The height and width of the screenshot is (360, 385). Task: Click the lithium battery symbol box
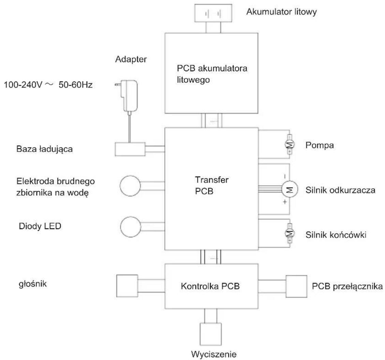tap(213, 13)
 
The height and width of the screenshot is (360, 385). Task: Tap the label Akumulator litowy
tap(281, 12)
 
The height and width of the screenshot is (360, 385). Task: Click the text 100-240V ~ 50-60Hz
tap(48, 85)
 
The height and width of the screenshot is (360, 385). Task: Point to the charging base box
tap(130, 149)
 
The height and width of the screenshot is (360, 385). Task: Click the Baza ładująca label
tap(44, 149)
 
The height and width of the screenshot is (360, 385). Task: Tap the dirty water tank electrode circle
tap(130, 186)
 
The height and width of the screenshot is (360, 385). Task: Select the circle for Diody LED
tap(131, 227)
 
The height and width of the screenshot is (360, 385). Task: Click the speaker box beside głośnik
tap(127, 286)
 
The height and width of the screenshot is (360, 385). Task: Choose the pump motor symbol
tap(290, 145)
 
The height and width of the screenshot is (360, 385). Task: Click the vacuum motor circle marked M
tap(290, 189)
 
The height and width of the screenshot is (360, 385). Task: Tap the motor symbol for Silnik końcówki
tap(290, 233)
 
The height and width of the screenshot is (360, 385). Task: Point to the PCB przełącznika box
tap(296, 286)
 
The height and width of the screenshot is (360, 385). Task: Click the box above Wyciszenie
tap(211, 334)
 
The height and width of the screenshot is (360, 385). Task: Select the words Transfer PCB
tap(212, 185)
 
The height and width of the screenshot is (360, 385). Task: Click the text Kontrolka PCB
tap(210, 286)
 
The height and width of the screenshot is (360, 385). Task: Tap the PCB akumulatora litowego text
tap(212, 74)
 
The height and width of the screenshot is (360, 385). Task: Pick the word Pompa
tap(320, 145)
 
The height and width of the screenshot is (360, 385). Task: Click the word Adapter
tap(131, 59)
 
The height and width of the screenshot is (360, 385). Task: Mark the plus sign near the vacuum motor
tap(285, 202)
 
